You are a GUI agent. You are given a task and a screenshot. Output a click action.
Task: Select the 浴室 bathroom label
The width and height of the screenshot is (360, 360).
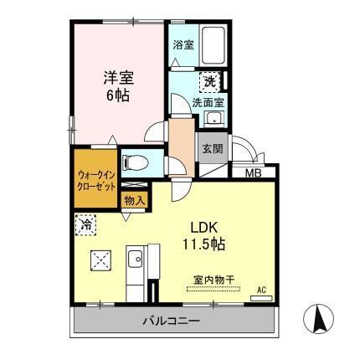tap(183, 44)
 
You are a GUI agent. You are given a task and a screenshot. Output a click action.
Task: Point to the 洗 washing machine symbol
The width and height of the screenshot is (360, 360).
tap(215, 82)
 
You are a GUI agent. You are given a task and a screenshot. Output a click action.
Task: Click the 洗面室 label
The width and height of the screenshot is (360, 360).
tap(207, 102)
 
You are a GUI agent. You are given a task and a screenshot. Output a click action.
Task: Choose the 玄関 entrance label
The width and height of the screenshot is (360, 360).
tap(211, 147)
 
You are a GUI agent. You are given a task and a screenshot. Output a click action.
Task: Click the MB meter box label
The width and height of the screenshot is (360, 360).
tap(251, 173)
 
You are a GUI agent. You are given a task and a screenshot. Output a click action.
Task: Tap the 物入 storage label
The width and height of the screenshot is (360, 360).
tap(134, 200)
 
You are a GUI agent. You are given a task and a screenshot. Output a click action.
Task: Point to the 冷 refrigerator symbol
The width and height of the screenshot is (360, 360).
tap(85, 224)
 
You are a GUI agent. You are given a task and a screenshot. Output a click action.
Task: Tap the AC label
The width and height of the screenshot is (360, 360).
tap(260, 289)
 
